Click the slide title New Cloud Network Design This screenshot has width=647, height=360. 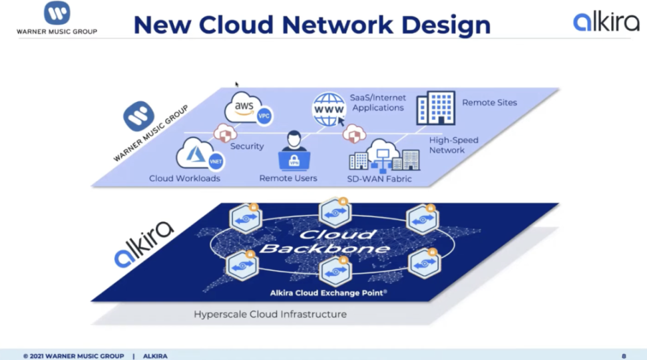(312, 25)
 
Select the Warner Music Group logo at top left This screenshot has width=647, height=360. (57, 18)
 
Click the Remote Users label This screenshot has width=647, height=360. (288, 178)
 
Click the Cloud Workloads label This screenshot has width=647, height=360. (184, 178)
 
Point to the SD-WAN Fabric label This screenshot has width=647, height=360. (380, 178)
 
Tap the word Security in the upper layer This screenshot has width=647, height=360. (247, 146)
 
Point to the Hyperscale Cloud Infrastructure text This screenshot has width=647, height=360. (270, 313)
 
